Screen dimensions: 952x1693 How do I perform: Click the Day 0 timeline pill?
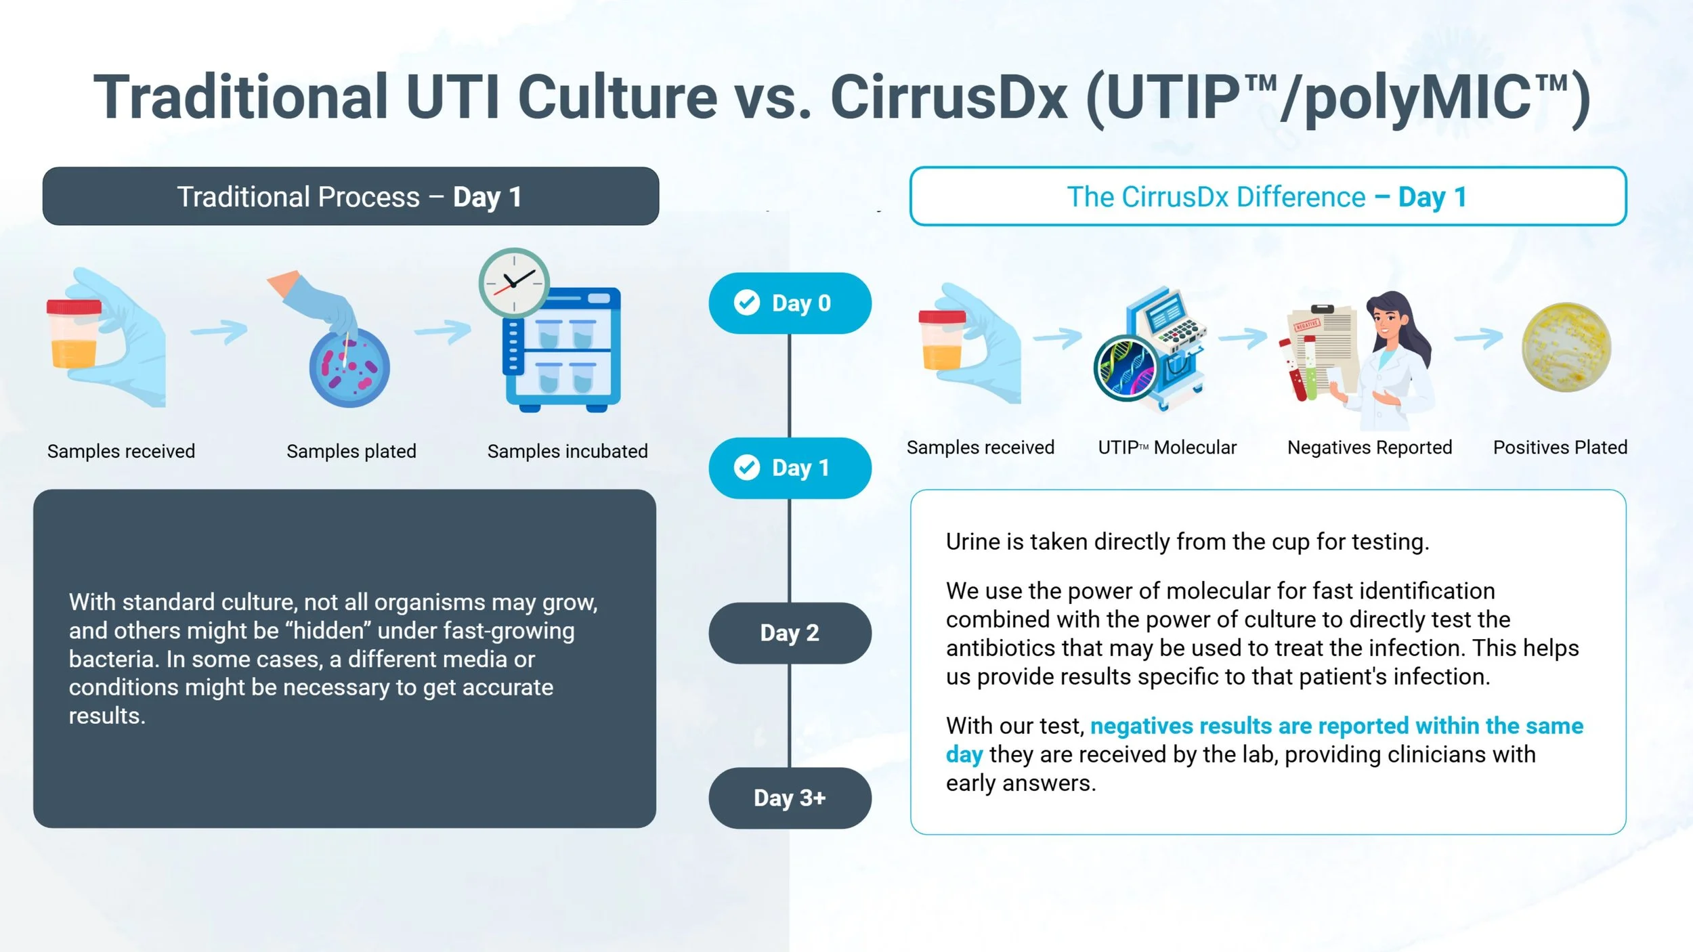pos(790,303)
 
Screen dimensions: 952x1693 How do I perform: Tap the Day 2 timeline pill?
pos(790,633)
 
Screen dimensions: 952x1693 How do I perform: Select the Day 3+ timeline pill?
pos(790,798)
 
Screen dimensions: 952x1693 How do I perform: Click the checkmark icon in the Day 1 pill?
pos(747,467)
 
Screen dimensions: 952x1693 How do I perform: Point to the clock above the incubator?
pos(514,283)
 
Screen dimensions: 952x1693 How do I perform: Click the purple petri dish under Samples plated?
pos(349,367)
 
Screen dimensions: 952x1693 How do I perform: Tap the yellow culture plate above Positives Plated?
pos(1566,347)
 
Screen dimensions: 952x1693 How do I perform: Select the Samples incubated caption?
pos(567,451)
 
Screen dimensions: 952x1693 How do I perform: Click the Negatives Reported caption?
pos(1369,448)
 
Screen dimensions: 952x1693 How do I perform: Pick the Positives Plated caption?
pos(1560,448)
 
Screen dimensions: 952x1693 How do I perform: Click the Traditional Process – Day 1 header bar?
pos(350,196)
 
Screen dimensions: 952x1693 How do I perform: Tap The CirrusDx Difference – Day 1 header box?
pos(1268,196)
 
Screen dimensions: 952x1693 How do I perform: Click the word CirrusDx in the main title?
pos(948,97)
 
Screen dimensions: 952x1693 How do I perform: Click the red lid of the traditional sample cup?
pos(74,307)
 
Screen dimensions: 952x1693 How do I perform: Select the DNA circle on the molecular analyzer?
pos(1126,369)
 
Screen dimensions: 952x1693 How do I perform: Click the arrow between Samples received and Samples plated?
pos(219,331)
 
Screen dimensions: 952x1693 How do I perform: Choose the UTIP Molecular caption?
pos(1167,448)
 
